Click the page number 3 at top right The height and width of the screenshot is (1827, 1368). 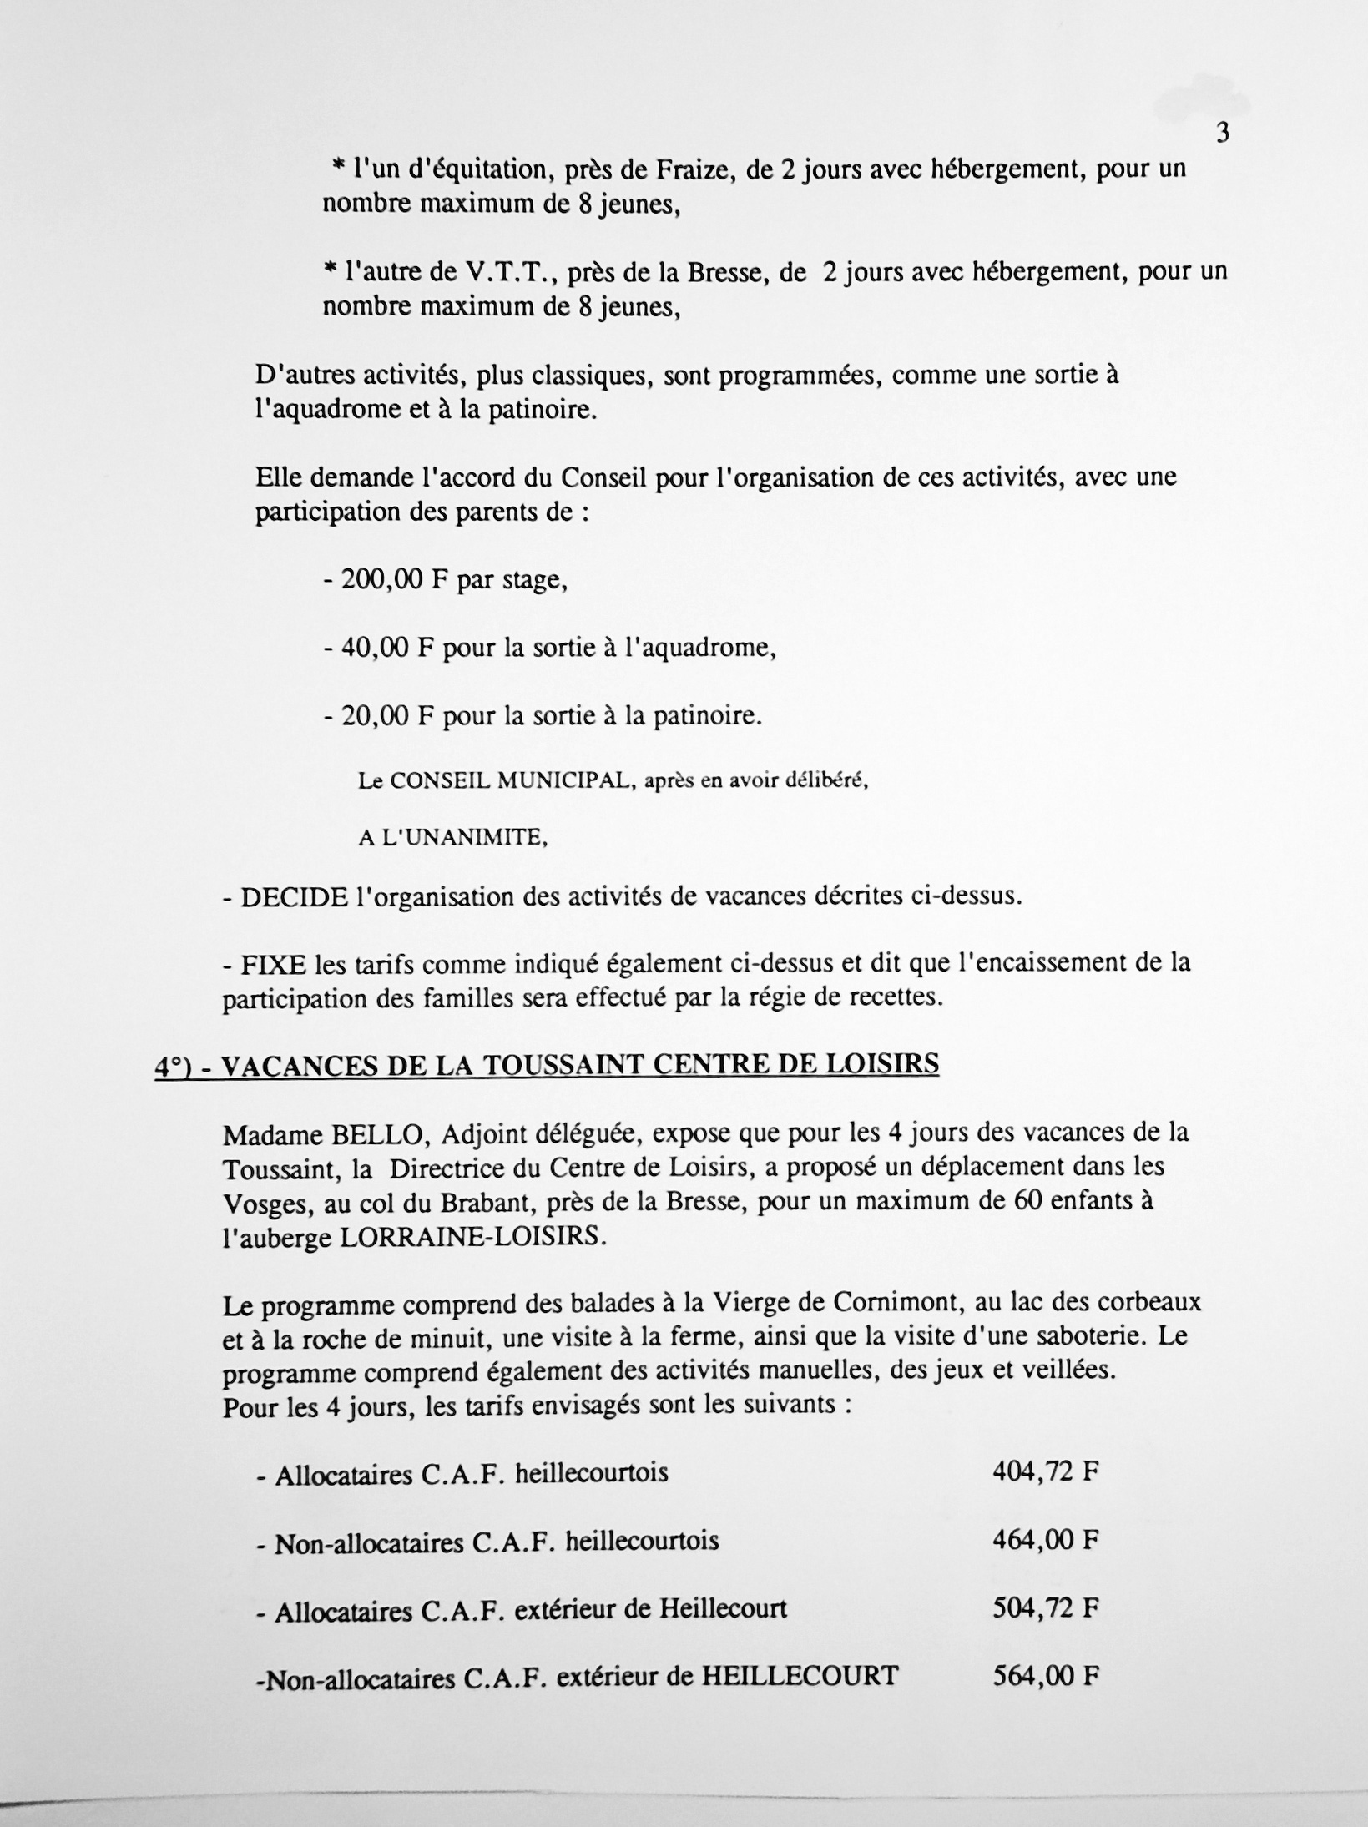(1223, 134)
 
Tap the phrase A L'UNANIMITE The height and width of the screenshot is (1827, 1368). (452, 838)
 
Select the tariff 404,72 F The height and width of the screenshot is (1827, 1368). (1044, 1471)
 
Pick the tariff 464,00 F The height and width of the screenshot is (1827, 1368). (1044, 1539)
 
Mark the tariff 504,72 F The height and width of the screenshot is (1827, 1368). (1044, 1607)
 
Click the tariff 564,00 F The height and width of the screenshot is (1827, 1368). (1044, 1674)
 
